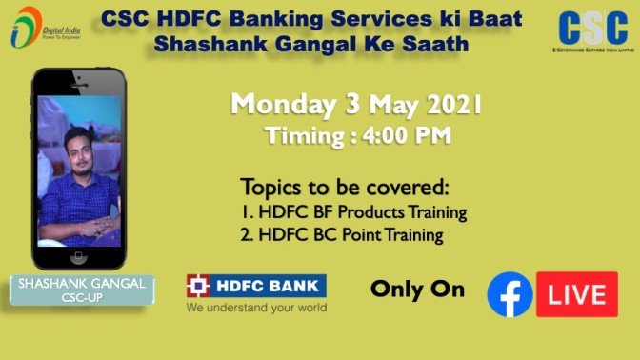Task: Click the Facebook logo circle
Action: click(510, 294)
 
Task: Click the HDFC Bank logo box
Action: click(256, 285)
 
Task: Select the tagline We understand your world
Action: click(256, 308)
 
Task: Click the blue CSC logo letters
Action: click(592, 28)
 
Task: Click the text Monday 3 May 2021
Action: click(355, 104)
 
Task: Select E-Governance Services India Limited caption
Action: click(592, 58)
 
